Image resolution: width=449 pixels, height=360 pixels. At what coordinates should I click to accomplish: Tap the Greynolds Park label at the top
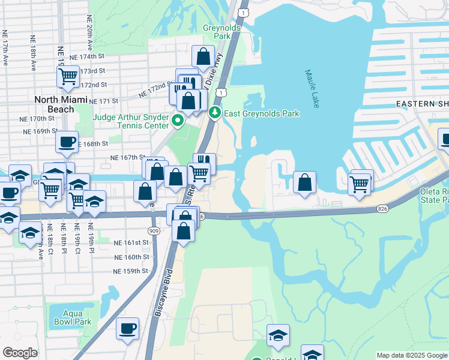(221, 32)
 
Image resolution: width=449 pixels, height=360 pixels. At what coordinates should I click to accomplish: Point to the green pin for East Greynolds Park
(215, 112)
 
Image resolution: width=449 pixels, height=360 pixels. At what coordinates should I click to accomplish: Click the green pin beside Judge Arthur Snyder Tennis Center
(178, 122)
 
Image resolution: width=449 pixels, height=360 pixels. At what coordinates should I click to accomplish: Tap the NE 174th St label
(87, 56)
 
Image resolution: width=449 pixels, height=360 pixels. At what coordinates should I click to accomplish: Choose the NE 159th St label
(131, 271)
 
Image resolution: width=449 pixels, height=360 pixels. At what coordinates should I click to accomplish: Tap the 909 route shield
(152, 230)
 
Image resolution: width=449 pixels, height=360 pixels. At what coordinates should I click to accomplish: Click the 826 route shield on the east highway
(382, 208)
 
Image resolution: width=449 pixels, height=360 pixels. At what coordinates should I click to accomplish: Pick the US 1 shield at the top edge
(243, 12)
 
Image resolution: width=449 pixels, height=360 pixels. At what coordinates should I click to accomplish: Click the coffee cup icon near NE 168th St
(66, 142)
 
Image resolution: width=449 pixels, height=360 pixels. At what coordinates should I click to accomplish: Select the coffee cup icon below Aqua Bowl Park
(127, 328)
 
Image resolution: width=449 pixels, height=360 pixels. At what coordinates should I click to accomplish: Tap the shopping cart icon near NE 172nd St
(68, 76)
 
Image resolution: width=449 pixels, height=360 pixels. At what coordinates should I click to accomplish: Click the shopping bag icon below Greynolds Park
(203, 57)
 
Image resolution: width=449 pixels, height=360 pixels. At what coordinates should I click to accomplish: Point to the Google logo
(20, 353)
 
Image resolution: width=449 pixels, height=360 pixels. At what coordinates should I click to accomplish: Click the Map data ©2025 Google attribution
(411, 355)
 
